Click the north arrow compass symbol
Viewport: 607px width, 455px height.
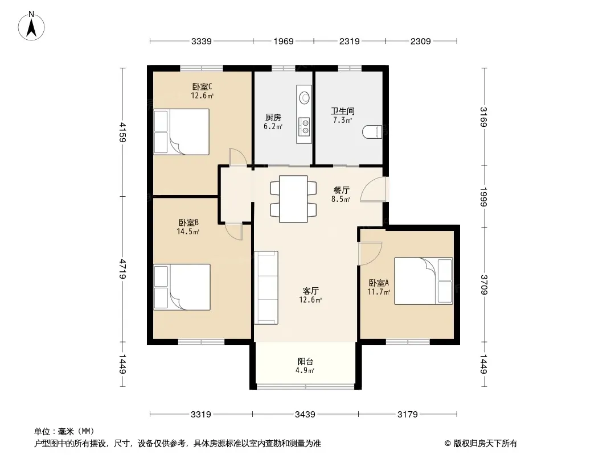tap(31, 26)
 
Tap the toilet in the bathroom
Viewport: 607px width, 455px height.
tap(372, 132)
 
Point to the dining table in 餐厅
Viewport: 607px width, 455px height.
tap(293, 199)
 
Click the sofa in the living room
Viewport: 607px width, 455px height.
tap(266, 288)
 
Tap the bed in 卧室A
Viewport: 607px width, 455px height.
tap(424, 281)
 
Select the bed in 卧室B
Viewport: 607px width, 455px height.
tap(182, 287)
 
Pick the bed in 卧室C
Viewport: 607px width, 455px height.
tap(182, 132)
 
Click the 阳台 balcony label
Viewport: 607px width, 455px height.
tap(305, 362)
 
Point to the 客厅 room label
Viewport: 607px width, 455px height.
tap(310, 291)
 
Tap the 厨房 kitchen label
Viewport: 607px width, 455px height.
tap(273, 118)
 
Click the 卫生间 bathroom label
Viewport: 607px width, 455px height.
tap(343, 111)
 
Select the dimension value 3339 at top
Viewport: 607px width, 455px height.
tap(202, 41)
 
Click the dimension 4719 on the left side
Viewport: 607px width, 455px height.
tap(123, 269)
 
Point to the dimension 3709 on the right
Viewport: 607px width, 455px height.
tap(484, 284)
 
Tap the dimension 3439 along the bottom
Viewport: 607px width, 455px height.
tap(305, 415)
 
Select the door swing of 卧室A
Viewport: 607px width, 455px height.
tap(370, 253)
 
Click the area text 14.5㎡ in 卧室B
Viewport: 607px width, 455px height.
tap(188, 231)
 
